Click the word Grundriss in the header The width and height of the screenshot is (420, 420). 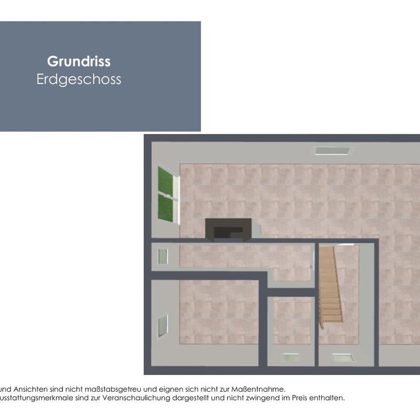click(79, 61)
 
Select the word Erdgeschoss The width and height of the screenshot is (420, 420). click(79, 79)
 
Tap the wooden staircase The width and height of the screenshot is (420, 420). click(330, 287)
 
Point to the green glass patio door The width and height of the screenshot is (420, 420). click(166, 194)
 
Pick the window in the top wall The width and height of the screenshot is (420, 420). click(332, 151)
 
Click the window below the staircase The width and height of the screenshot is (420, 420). click(343, 358)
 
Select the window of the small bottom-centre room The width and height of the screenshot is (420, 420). click(290, 358)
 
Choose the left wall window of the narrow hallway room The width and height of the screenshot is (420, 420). click(162, 257)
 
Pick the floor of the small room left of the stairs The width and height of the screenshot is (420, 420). click(292, 320)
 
